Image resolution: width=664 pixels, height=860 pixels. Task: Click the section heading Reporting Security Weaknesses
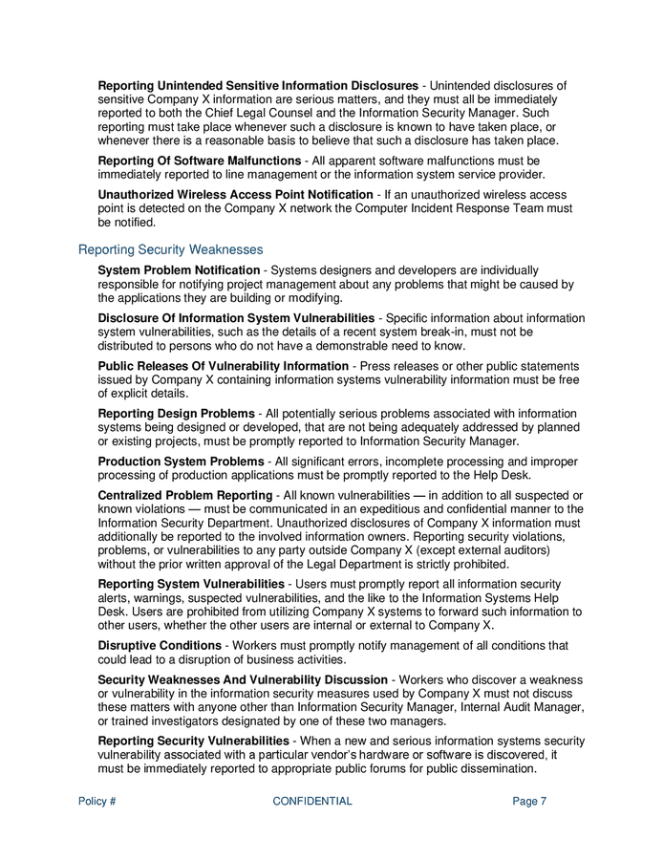coord(170,249)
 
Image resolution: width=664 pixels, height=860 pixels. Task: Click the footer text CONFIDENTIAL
coord(312,802)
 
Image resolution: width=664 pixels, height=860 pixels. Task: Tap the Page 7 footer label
coord(529,802)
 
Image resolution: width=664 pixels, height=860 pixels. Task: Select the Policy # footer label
coord(97,802)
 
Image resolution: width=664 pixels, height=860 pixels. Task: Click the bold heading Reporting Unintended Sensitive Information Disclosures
coord(258,86)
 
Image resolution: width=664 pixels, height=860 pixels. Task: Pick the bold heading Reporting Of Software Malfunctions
coord(200,161)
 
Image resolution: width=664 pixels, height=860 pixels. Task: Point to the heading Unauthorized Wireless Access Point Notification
coord(236,195)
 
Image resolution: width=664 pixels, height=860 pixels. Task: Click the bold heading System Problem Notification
coord(179,271)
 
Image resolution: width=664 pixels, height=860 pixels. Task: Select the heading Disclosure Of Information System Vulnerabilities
coord(236,318)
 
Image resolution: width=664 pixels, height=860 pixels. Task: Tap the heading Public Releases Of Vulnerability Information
coord(224,366)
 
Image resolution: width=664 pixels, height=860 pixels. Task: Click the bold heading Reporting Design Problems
coord(176,413)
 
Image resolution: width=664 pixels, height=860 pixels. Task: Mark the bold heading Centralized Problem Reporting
coord(185,495)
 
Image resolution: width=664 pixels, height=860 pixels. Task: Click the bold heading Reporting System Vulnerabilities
coord(191,584)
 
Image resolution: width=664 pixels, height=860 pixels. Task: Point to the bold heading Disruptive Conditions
coord(160,645)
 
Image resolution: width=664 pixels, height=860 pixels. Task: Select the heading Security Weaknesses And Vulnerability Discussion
coord(243,679)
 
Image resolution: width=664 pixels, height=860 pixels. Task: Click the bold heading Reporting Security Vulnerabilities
coord(194,741)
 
